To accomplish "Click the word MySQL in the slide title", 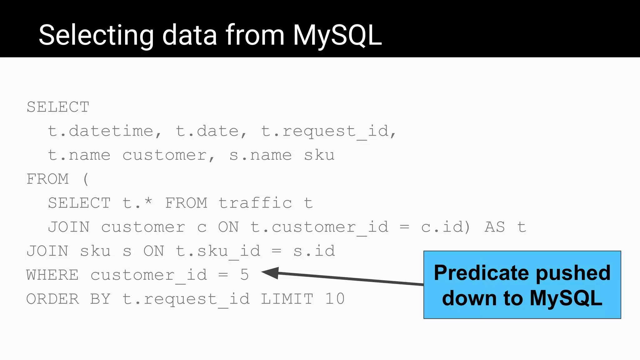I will coord(337,35).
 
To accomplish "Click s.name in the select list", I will coord(261,155).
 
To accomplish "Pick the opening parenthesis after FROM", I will coord(86,179).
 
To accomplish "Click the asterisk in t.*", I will coord(148,202).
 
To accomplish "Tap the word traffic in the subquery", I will coord(255,203).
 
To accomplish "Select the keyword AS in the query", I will coord(495,227).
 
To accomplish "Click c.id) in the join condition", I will coord(445,227).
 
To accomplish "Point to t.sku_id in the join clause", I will coord(218,251).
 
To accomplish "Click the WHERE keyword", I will coord(52,275).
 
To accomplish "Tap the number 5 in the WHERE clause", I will coord(244,275).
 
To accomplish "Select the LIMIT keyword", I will coord(287,299).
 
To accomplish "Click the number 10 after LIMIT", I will coord(335,299).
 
